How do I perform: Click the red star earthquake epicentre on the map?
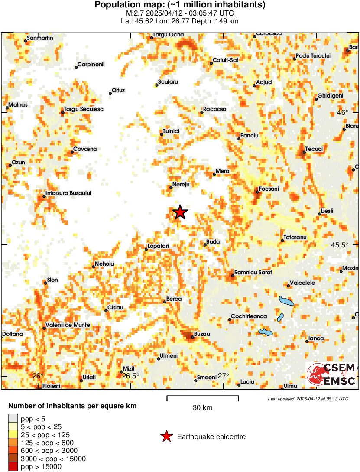pyautogui.click(x=180, y=212)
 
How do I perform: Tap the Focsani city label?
pyautogui.click(x=269, y=189)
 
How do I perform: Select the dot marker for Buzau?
pyautogui.click(x=193, y=337)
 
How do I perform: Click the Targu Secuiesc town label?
pyautogui.click(x=84, y=109)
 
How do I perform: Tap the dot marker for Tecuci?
pyautogui.click(x=304, y=152)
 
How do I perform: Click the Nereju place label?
pyautogui.click(x=182, y=185)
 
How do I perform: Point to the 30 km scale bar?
pyautogui.click(x=202, y=397)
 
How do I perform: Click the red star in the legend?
pyautogui.click(x=166, y=436)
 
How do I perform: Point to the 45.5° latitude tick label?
pyautogui.click(x=340, y=245)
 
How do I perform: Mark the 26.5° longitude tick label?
pyautogui.click(x=130, y=376)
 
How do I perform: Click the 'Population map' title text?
pyautogui.click(x=180, y=5)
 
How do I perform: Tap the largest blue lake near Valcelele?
pyautogui.click(x=286, y=301)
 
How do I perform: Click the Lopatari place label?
pyautogui.click(x=158, y=246)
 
